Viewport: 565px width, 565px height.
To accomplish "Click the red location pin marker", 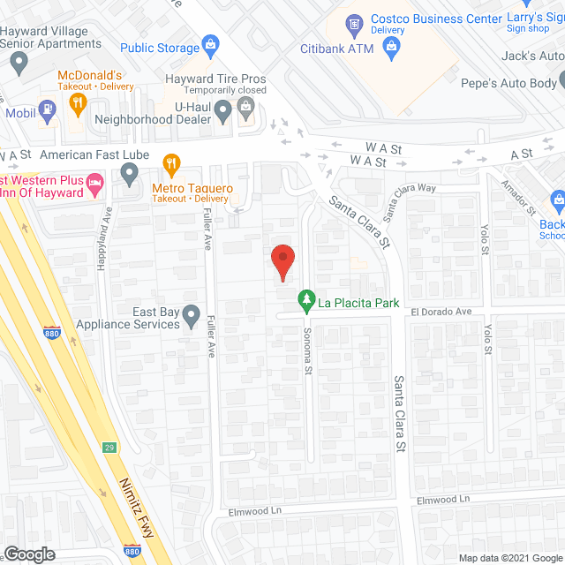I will tap(282, 262).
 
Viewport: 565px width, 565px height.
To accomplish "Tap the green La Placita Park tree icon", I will tap(306, 302).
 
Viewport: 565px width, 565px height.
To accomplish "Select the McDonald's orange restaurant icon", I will tap(78, 103).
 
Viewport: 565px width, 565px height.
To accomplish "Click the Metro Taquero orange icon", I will tap(171, 163).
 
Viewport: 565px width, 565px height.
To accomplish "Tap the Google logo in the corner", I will tap(28, 554).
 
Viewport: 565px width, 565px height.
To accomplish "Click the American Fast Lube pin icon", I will tap(131, 177).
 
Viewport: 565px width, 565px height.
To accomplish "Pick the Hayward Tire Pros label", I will tap(215, 79).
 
